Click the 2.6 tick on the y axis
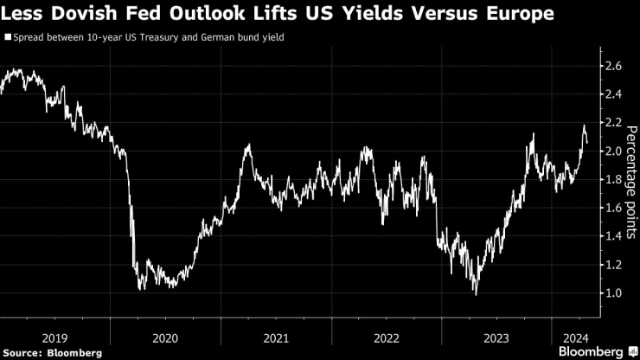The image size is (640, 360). coord(612,66)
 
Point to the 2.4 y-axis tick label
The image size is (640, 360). coord(612,94)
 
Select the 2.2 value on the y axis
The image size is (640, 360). coord(612,123)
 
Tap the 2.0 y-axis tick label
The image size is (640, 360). coord(612,151)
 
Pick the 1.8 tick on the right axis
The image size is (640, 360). coord(612,180)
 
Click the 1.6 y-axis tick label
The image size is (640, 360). coord(612,209)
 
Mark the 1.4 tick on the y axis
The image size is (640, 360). coord(612,236)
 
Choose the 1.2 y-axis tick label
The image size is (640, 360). coord(612,265)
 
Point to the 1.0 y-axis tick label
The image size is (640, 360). coord(612,293)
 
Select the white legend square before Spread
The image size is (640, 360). coord(8,38)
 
